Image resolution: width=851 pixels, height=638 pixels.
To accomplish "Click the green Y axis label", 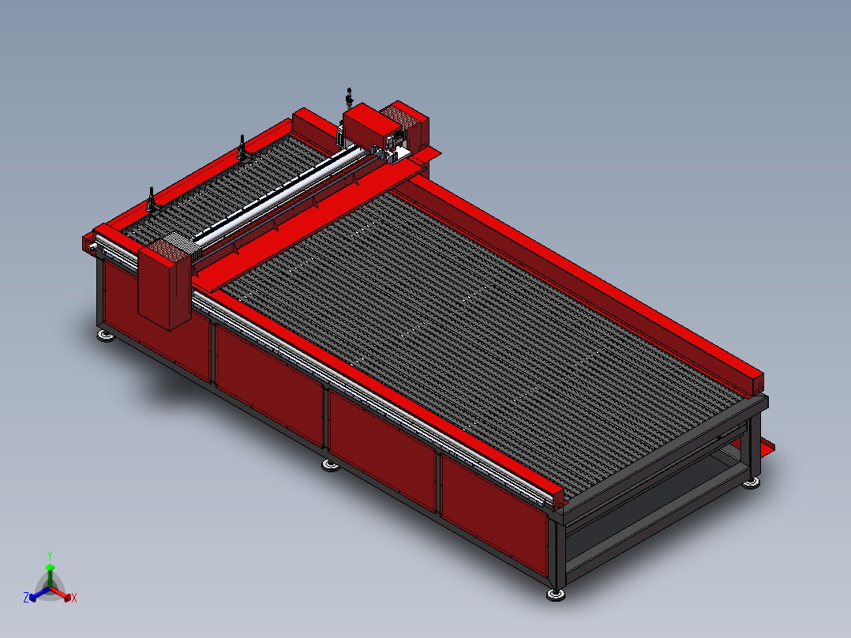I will (x=50, y=555).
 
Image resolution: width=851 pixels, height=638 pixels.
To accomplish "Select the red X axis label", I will (x=74, y=599).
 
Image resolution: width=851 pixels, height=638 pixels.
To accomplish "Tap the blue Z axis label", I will (x=26, y=599).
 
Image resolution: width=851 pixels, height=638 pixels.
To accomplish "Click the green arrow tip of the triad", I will (x=50, y=567).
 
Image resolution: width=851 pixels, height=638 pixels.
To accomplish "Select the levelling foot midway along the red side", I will (x=331, y=464).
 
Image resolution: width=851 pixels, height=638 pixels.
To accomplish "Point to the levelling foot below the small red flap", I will (x=752, y=482).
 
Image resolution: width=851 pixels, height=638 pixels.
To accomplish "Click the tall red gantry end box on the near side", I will (x=164, y=286).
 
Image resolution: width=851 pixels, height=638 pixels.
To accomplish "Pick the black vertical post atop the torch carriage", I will (x=349, y=99).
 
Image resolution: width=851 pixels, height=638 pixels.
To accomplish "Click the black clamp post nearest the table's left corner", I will (x=151, y=199).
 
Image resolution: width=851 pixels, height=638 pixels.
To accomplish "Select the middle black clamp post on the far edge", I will (x=242, y=148).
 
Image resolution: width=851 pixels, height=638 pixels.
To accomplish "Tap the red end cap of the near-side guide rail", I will (x=556, y=497).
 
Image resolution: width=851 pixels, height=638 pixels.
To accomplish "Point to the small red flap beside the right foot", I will (x=765, y=446).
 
